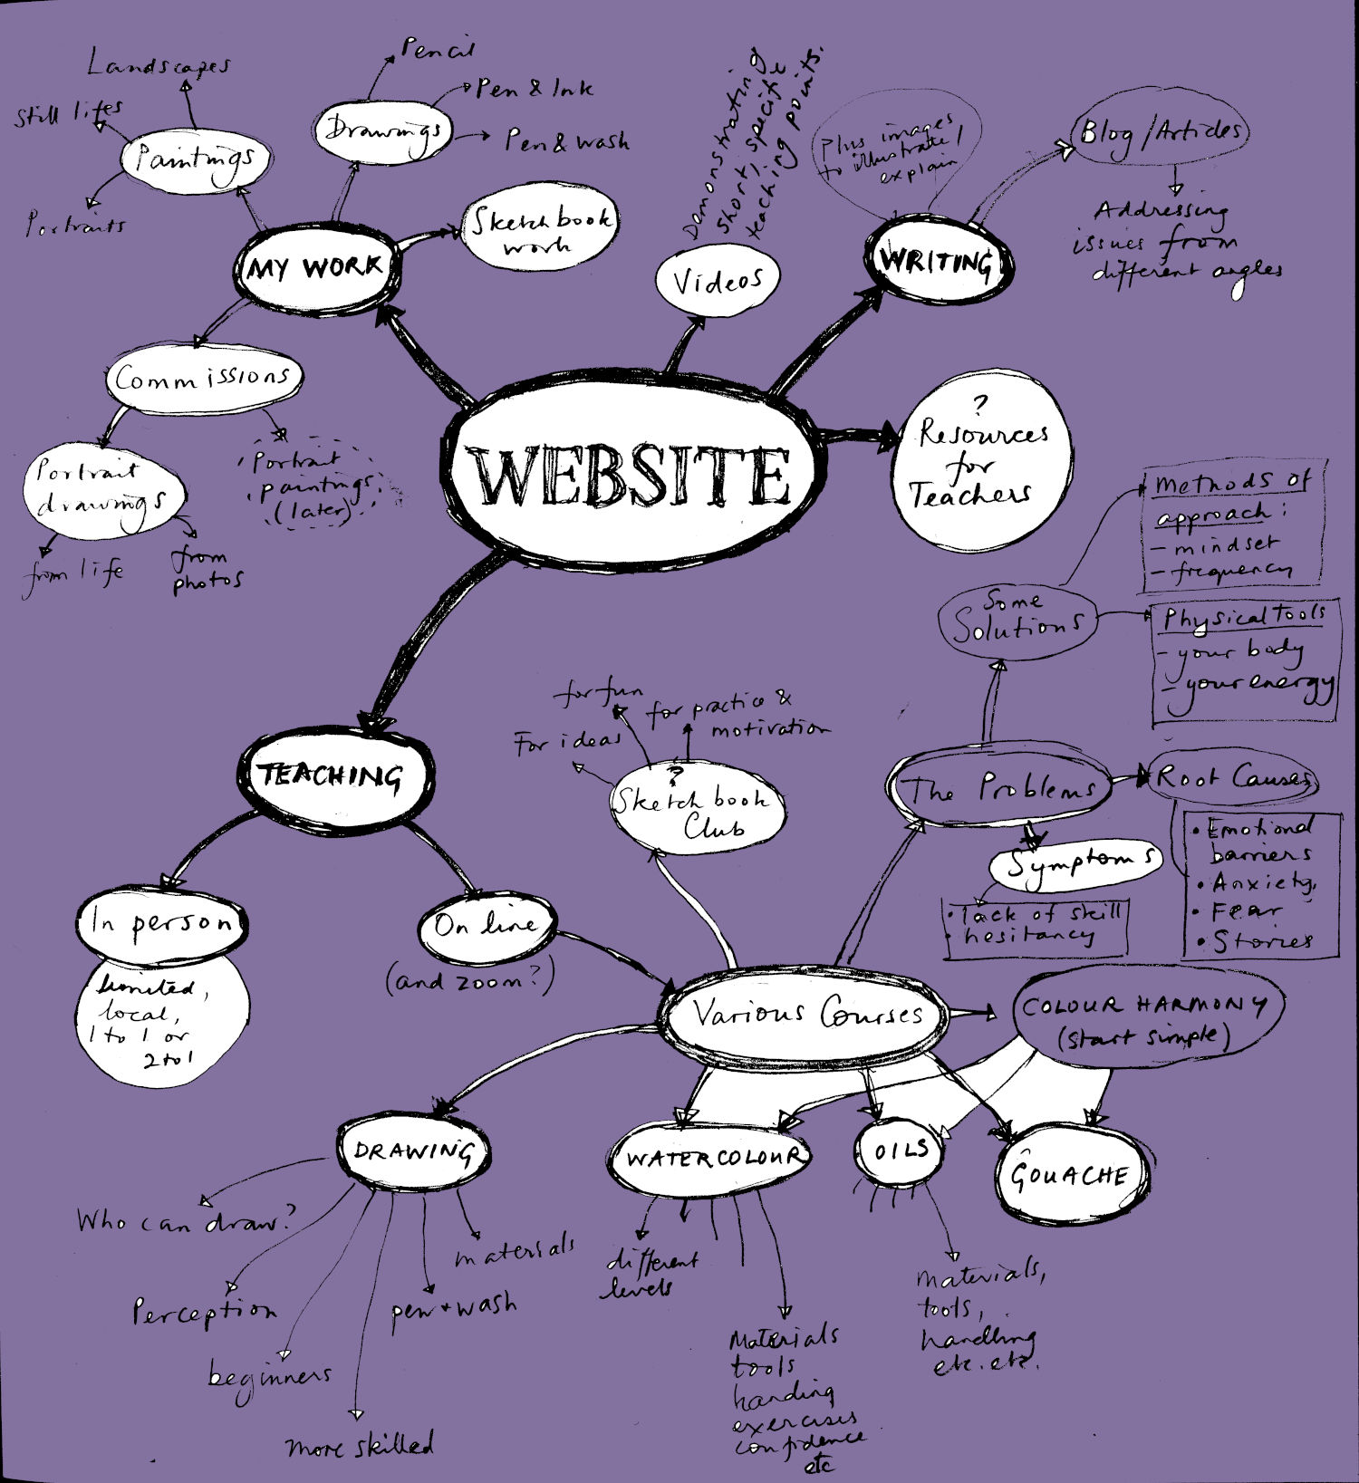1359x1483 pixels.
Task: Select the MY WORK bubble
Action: click(315, 268)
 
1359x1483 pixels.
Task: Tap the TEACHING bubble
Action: click(332, 776)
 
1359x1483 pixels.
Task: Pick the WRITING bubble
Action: click(938, 262)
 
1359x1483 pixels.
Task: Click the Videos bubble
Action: click(717, 281)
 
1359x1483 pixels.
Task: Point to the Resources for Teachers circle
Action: click(981, 464)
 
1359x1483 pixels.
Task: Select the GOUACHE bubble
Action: click(1070, 1175)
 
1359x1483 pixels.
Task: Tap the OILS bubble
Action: click(901, 1151)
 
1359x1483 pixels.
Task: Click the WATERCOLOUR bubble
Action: click(714, 1158)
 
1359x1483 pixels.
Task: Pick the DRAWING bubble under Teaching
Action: click(413, 1152)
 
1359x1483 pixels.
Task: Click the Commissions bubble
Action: click(203, 378)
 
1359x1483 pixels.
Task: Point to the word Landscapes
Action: click(159, 65)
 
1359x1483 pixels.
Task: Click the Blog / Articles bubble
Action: click(1160, 133)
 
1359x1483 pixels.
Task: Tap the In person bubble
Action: click(161, 924)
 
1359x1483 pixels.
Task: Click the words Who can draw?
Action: click(185, 1221)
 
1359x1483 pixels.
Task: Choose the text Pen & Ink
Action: click(534, 88)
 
